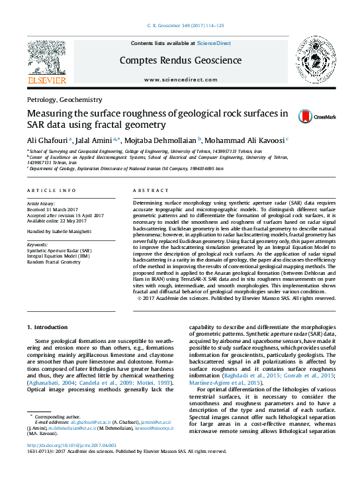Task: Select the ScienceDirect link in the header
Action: pyautogui.click(x=214, y=43)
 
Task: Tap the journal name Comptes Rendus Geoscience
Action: pyautogui.click(x=179, y=60)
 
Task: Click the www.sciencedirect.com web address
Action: pyautogui.click(x=179, y=79)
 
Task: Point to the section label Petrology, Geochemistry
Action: pyautogui.click(x=64, y=99)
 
